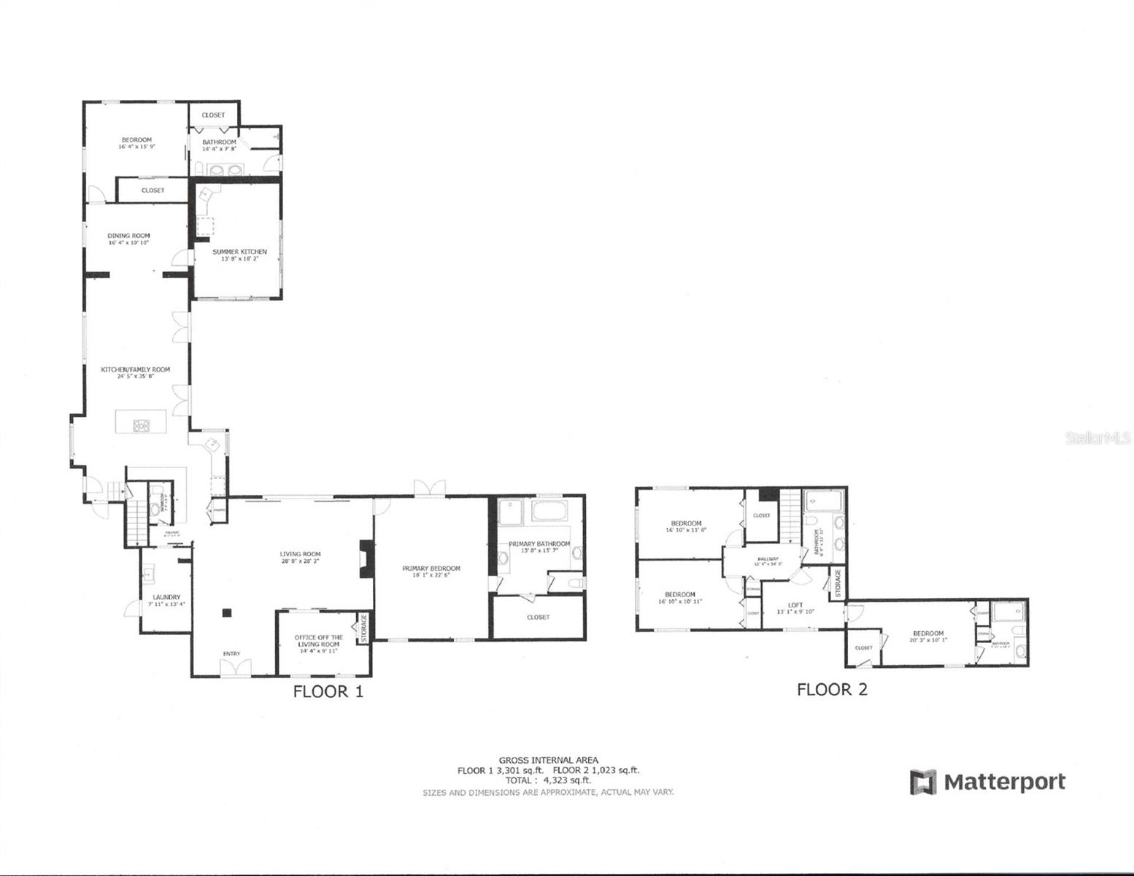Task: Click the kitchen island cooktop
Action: click(141, 425)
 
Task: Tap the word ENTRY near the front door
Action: click(231, 653)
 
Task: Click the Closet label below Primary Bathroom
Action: click(538, 617)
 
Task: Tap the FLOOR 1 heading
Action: click(328, 691)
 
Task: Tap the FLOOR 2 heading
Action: click(832, 689)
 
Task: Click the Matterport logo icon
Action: click(922, 782)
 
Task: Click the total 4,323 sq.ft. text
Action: click(548, 780)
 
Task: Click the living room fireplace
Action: click(365, 559)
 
